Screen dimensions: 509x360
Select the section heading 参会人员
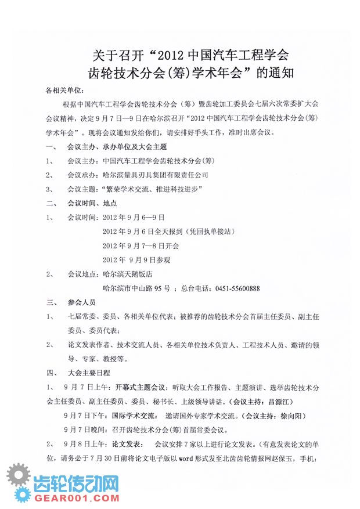(x=81, y=302)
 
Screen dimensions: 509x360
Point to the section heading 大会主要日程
(x=88, y=372)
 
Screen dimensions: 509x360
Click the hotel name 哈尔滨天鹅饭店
(x=127, y=274)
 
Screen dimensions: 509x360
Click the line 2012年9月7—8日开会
(x=139, y=246)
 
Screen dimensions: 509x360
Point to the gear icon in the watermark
(x=19, y=482)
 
